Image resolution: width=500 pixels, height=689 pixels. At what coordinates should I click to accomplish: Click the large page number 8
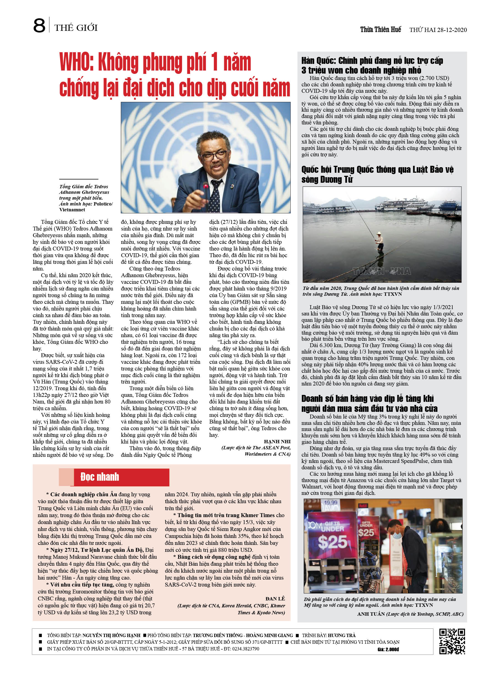coord(39,26)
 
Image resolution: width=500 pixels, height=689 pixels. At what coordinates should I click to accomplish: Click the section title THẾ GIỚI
coord(76,28)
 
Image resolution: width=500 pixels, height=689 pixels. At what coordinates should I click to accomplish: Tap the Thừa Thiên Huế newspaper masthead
coord(380,29)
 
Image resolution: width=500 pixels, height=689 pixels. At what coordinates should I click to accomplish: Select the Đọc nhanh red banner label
coord(100,477)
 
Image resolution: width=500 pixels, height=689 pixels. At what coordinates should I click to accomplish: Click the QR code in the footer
coord(452,641)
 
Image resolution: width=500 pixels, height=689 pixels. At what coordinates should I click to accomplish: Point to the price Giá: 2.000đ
coord(388,649)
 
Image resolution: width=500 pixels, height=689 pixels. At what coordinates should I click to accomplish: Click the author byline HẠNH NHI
coord(277,441)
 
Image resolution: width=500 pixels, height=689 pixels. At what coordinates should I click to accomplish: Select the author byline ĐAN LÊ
coord(275,598)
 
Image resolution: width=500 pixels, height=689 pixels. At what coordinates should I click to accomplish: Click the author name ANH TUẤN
coord(371,614)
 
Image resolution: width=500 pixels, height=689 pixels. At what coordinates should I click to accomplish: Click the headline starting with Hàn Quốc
coord(372,65)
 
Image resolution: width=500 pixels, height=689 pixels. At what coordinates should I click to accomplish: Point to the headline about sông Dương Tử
coord(377,174)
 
